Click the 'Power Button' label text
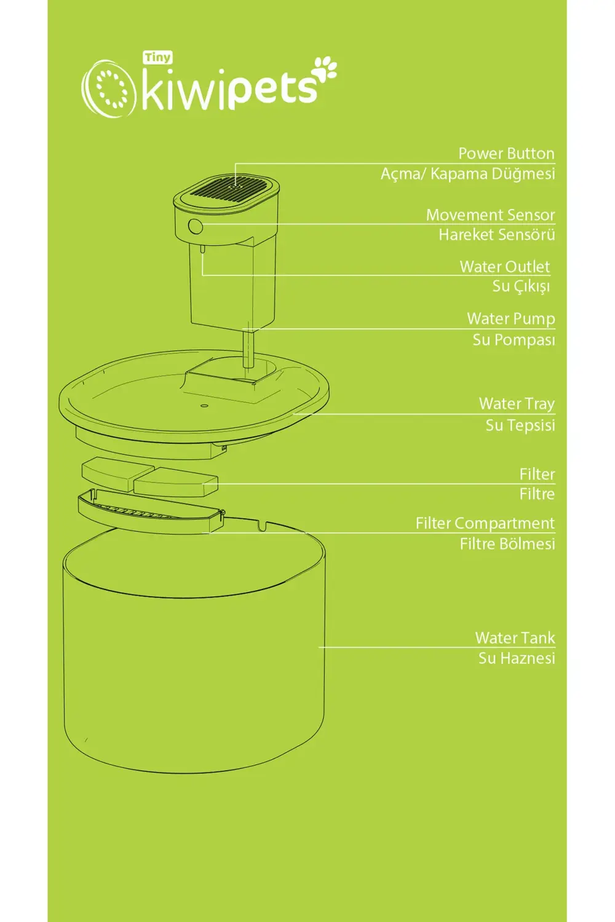[506, 154]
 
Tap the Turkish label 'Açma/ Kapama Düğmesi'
[467, 174]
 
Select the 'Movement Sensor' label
[490, 215]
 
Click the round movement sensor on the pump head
[195, 226]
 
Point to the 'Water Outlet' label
[504, 267]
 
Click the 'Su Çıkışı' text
[521, 286]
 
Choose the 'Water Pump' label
[511, 319]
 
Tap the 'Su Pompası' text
[514, 340]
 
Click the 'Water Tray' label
[517, 404]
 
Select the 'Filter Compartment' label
[485, 524]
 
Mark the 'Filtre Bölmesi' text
[507, 544]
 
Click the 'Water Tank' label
[515, 638]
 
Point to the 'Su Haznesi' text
[517, 658]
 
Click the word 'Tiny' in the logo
[158, 58]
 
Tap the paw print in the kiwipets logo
[325, 69]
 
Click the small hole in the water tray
[203, 406]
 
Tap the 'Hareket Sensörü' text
[496, 235]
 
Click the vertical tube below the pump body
[248, 347]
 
